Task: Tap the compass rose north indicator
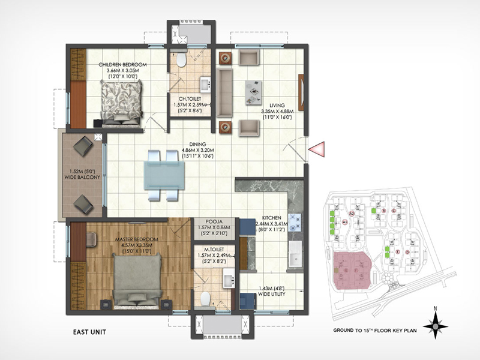(435, 326)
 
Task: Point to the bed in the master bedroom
(137, 280)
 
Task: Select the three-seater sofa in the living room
(225, 92)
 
